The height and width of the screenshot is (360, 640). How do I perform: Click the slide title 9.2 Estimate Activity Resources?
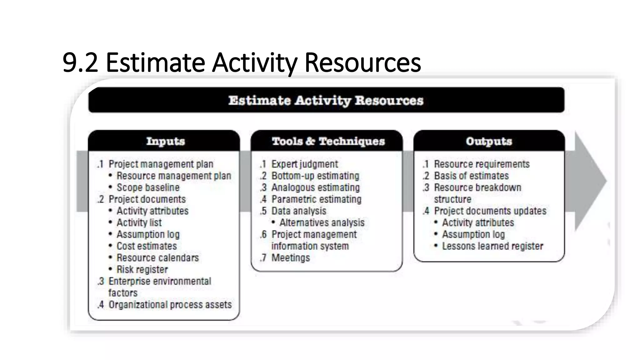tap(242, 62)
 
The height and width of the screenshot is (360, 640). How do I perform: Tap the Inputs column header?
tap(165, 141)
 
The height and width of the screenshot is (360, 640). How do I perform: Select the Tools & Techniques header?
tap(328, 141)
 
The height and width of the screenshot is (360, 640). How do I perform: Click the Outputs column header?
tap(489, 141)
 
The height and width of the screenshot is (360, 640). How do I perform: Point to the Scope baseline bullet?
tap(148, 187)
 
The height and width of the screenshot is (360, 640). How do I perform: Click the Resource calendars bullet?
tap(157, 258)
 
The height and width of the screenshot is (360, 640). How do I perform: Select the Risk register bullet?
tap(142, 269)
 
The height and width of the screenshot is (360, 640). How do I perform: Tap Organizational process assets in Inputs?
tap(170, 305)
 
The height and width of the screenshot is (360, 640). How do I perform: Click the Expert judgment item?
tap(304, 164)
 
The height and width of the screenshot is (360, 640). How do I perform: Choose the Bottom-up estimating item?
tap(315, 176)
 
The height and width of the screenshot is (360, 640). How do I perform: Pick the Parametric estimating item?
tap(316, 199)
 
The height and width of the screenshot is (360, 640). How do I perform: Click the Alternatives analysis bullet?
tap(322, 223)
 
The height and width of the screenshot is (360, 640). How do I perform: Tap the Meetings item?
tap(290, 258)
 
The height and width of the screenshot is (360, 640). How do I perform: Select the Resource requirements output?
tap(482, 164)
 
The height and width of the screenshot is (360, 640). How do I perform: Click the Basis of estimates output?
tap(471, 176)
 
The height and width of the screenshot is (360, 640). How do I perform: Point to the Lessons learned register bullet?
tap(492, 246)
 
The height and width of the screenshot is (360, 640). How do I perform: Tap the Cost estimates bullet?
tap(147, 246)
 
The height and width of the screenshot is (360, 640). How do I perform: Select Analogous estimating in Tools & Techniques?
tap(315, 187)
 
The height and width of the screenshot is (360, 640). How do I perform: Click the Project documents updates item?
tap(490, 211)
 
